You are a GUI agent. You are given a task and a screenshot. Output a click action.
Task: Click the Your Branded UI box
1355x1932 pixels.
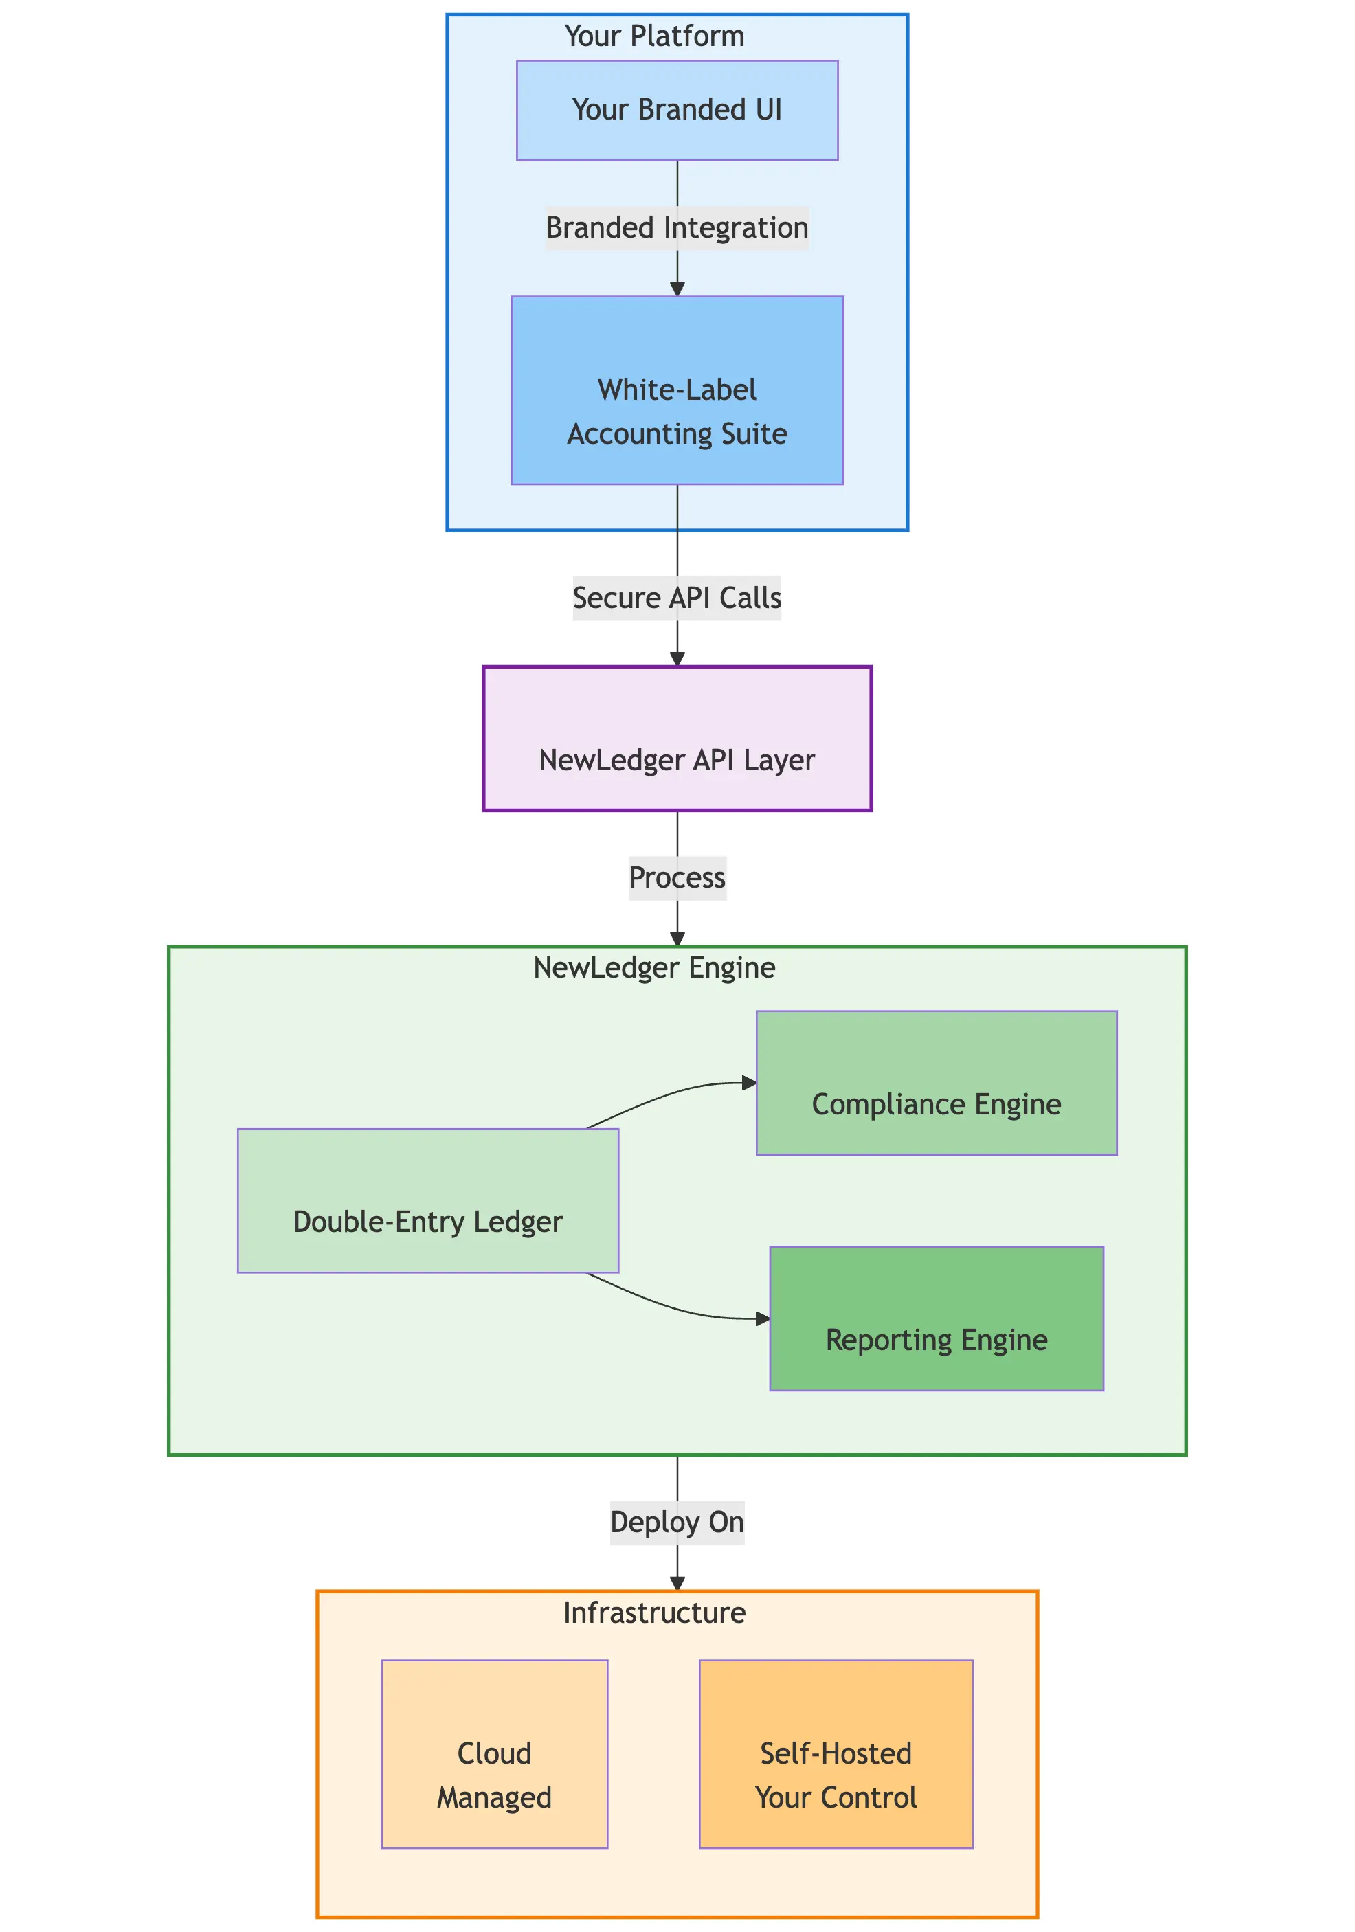677,110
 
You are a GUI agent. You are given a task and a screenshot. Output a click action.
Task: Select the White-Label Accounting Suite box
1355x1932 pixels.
677,390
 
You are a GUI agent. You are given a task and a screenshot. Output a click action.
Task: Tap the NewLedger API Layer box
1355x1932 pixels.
677,738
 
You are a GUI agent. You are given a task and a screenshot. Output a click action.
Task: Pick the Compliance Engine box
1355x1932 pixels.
936,1082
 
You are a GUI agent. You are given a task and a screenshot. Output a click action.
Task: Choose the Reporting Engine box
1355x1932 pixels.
936,1318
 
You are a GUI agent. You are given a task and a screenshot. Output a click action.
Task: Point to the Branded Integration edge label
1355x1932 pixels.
677,228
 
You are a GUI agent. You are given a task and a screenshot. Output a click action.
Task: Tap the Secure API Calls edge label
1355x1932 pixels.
677,598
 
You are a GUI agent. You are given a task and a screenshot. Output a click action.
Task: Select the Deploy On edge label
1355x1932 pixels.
677,1523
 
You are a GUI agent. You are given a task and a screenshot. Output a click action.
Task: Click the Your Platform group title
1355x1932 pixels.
654,36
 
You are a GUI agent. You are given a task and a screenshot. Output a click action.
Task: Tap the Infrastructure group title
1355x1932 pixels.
654,1613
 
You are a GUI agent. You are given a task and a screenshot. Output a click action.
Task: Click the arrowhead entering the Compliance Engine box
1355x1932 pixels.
749,1083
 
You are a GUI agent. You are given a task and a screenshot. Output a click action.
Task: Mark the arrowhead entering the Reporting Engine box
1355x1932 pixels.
763,1318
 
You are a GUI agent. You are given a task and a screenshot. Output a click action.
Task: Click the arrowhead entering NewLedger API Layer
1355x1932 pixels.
677,659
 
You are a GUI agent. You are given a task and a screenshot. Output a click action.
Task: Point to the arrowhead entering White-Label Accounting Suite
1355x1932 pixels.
677,289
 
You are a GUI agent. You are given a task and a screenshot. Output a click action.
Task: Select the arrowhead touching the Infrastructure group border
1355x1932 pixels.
677,1584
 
